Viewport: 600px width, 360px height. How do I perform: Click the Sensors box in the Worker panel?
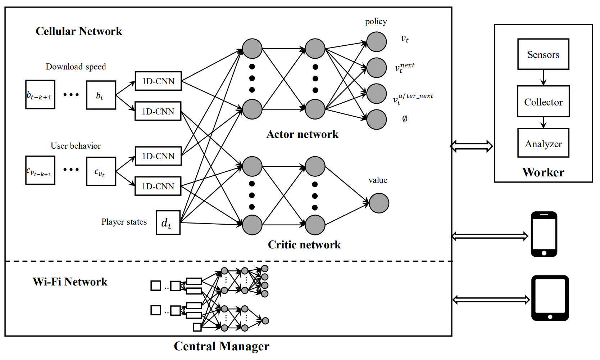543,54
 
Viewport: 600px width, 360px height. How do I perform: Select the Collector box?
543,102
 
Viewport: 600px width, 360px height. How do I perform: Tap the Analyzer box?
543,143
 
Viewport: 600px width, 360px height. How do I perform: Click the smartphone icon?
544,234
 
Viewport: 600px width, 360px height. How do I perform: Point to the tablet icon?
550,298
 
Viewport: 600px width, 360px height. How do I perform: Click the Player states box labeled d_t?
168,223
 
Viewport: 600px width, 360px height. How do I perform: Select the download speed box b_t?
101,95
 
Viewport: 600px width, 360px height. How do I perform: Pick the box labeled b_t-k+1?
40,95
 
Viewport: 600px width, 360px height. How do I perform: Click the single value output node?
379,203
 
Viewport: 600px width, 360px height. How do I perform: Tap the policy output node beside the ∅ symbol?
376,120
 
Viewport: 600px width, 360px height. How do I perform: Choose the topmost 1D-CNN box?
158,81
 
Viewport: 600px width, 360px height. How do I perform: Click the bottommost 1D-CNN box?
158,186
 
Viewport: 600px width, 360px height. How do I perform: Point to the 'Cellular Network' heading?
79,31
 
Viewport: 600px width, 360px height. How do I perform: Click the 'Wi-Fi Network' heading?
70,282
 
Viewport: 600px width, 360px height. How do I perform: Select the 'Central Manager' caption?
221,346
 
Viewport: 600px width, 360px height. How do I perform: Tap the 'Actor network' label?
302,134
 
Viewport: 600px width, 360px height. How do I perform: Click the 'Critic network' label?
304,245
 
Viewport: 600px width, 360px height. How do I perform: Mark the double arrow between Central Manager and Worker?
472,146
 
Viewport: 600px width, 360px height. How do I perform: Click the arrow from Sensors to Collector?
543,77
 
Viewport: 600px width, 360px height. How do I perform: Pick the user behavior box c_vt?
101,171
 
